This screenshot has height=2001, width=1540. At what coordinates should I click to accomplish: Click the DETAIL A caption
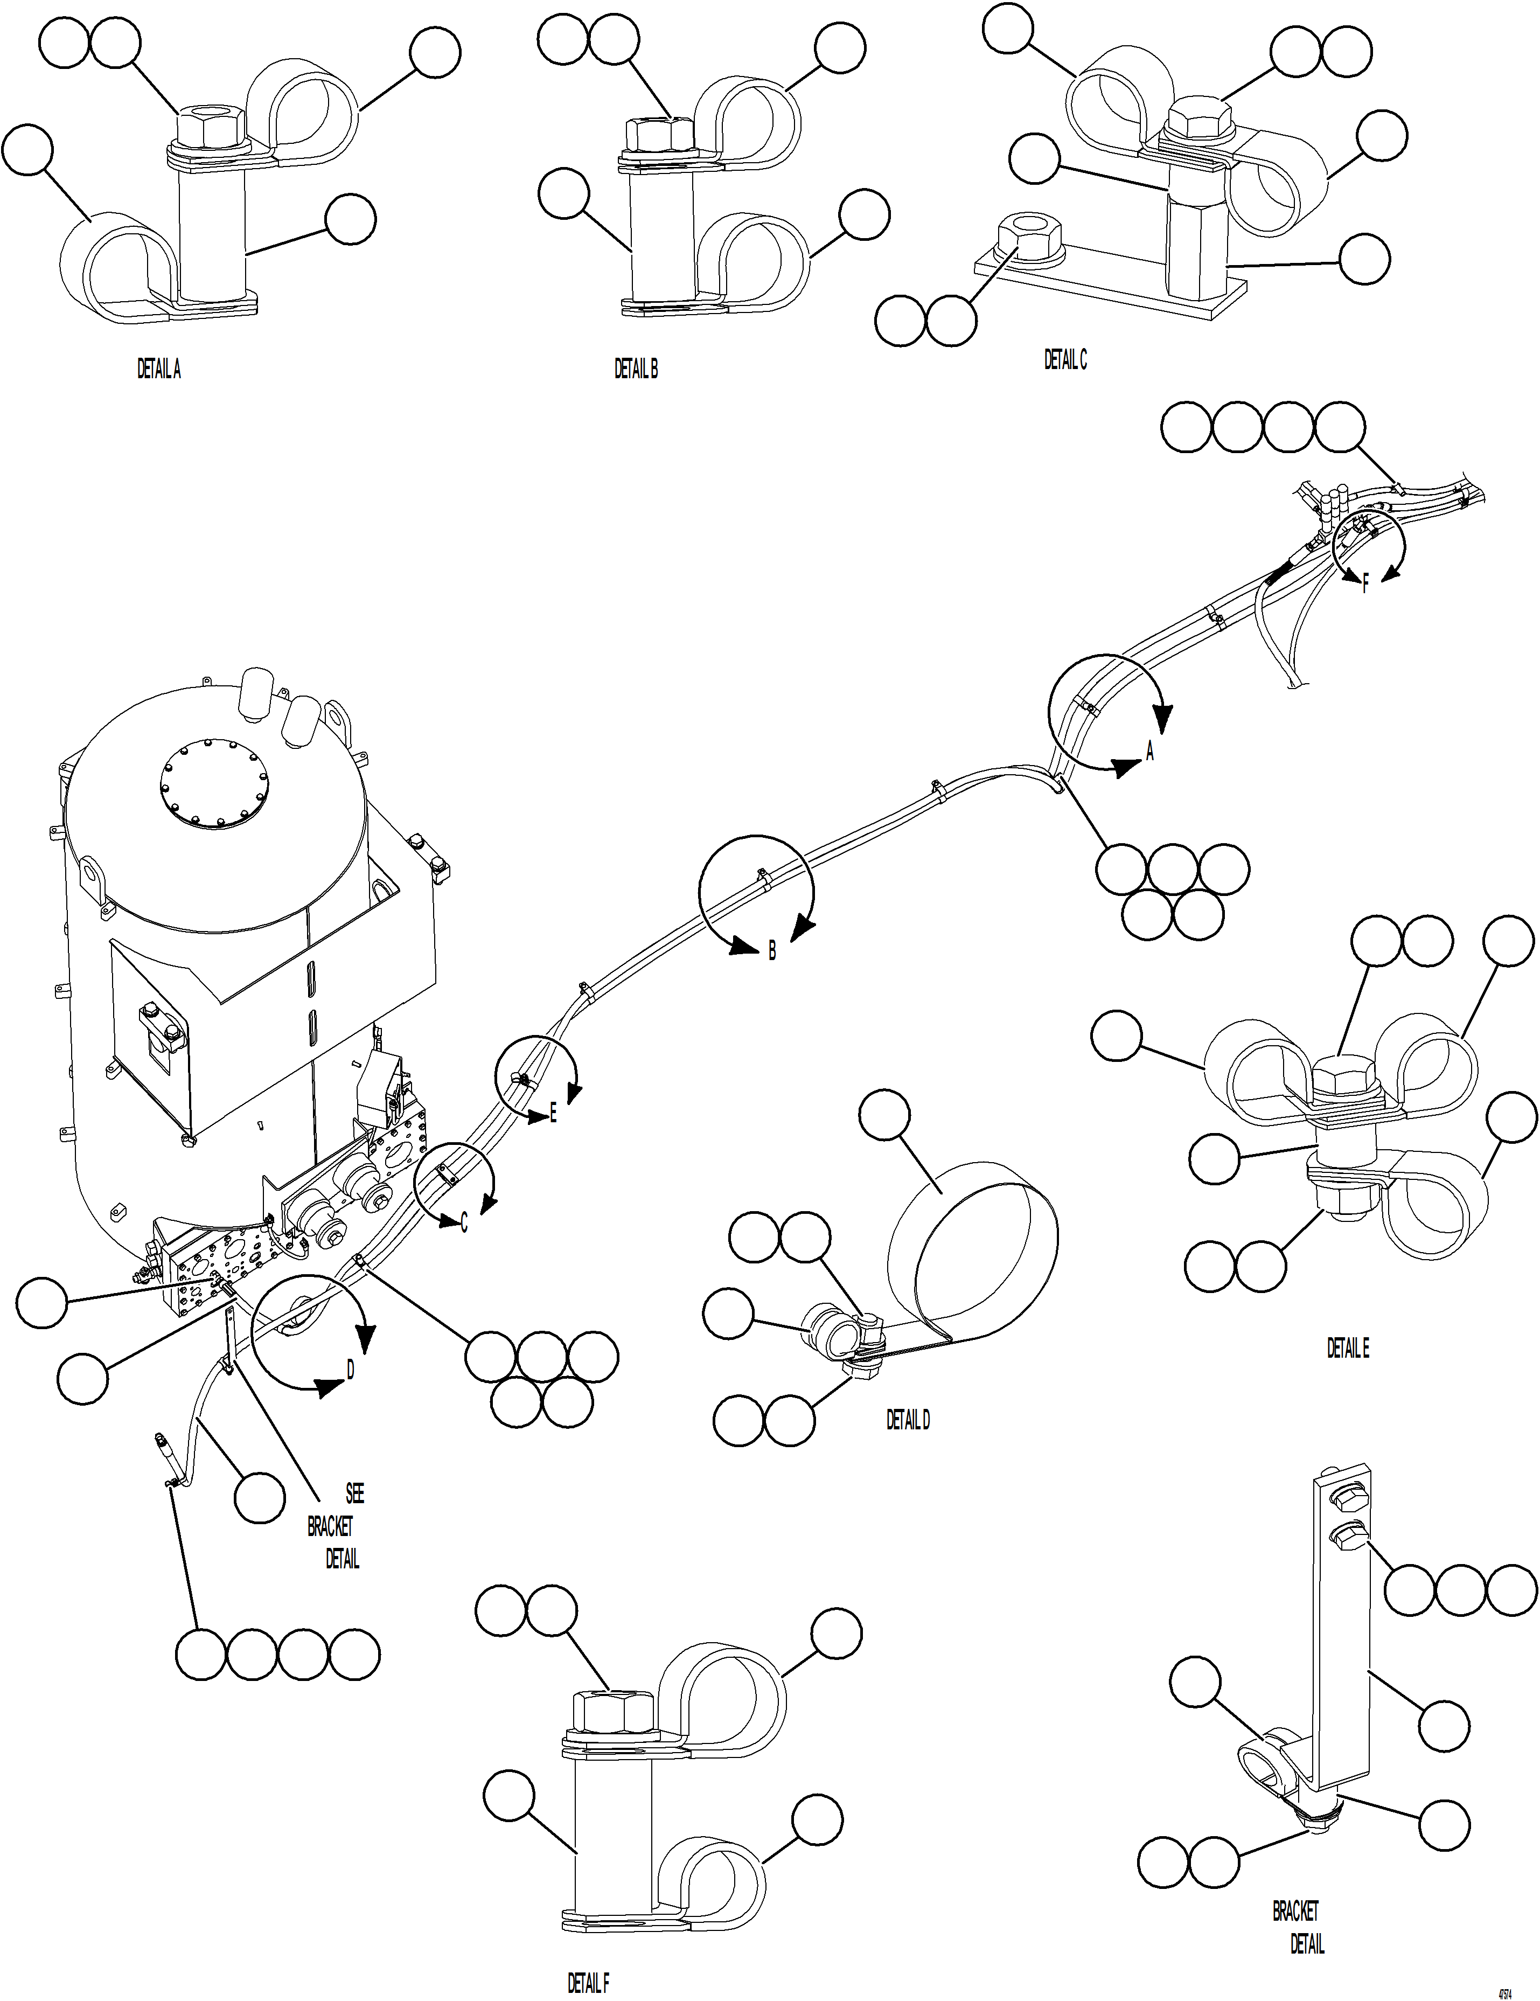point(158,369)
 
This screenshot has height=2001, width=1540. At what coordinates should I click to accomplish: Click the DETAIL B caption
point(636,369)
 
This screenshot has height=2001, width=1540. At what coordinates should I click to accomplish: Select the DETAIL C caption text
point(1065,360)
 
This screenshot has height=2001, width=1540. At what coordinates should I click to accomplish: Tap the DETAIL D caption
point(907,1419)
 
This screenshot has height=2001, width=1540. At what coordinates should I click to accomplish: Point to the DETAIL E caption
point(1348,1348)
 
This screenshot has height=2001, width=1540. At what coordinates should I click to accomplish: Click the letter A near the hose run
point(1151,751)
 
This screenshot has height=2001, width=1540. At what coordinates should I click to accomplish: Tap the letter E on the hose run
point(553,1114)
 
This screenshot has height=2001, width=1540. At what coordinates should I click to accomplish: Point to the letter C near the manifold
point(464,1223)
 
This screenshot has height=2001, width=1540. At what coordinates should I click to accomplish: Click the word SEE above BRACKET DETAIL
point(354,1493)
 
